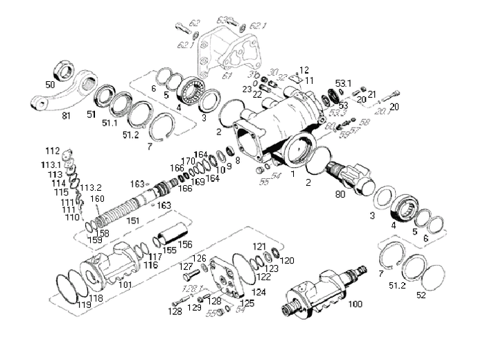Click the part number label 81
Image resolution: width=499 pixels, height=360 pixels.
pyautogui.click(x=67, y=115)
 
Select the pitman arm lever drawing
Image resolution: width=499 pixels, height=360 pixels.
pyautogui.click(x=62, y=95)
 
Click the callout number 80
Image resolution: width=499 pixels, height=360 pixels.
pyautogui.click(x=339, y=195)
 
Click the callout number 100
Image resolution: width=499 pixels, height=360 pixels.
pyautogui.click(x=355, y=304)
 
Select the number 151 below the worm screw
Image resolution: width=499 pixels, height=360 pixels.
pyautogui.click(x=133, y=221)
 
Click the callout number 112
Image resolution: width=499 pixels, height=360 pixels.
pyautogui.click(x=53, y=151)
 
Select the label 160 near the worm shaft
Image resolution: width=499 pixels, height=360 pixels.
pyautogui.click(x=97, y=198)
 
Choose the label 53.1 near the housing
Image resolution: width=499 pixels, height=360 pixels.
pyautogui.click(x=344, y=83)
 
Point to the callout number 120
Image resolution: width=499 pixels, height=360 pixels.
pyautogui.click(x=288, y=260)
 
